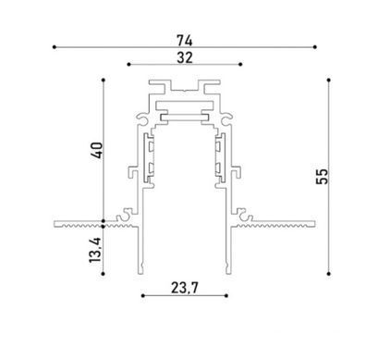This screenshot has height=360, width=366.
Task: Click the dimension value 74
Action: point(185,41)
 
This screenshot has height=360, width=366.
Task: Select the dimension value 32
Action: point(185,57)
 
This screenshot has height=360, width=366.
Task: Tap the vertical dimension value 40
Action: point(97,150)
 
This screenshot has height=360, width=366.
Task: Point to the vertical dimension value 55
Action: point(323,177)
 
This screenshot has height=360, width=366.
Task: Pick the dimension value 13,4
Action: point(95,250)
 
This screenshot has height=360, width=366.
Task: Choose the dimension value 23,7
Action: point(185,288)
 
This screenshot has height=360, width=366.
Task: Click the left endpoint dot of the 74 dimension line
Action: point(55,47)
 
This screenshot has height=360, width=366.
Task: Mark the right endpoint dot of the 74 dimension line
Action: point(314,47)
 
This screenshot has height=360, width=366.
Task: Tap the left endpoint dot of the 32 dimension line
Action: point(128,64)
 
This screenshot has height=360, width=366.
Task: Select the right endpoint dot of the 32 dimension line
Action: point(240,64)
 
